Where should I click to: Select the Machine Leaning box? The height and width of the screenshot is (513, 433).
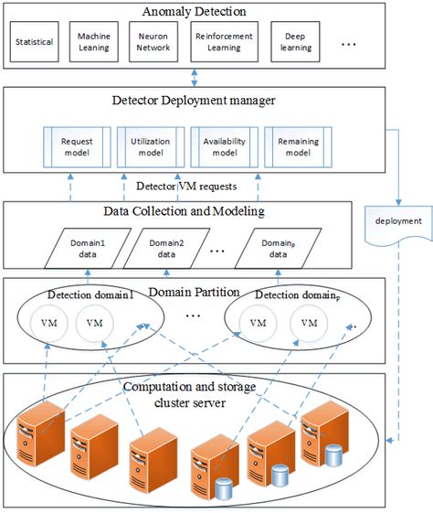pos(97,42)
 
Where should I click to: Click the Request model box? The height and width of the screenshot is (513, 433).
pos(78,147)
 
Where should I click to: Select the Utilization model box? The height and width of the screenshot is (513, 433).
pos(151,147)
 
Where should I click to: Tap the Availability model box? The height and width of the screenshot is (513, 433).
pos(223,147)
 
